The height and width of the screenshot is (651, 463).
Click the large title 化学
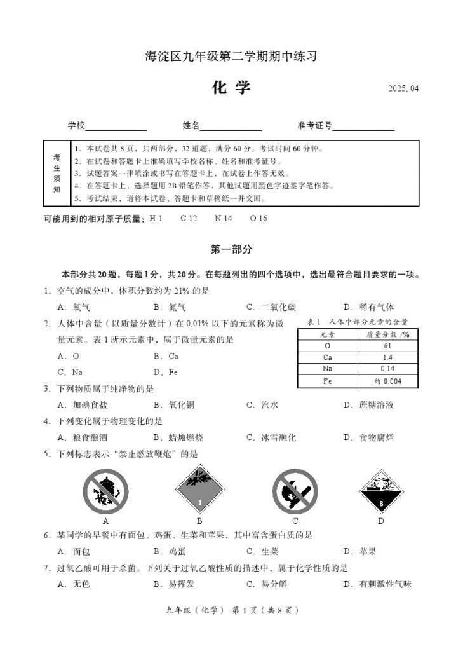point(231,87)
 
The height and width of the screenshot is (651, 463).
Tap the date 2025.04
point(403,88)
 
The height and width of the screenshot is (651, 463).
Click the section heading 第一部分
point(231,250)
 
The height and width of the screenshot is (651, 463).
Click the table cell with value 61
point(387,345)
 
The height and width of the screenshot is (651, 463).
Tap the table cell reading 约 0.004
point(387,381)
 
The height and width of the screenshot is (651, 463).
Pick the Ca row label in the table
point(328,357)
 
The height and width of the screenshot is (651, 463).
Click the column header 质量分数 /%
point(387,334)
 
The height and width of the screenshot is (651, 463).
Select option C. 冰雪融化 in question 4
point(271,438)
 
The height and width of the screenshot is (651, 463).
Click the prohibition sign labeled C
point(295,491)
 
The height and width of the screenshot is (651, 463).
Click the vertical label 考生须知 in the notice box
point(57,173)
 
